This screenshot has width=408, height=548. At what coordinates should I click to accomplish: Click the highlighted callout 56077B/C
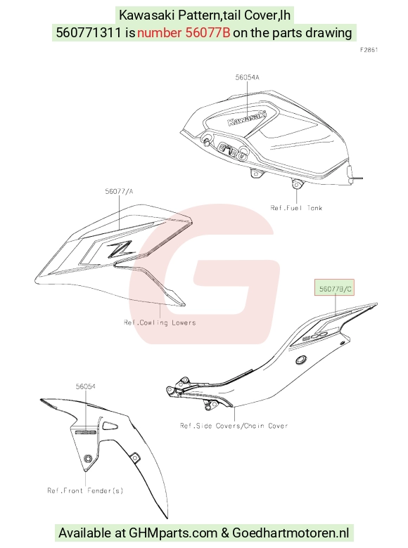click(x=335, y=289)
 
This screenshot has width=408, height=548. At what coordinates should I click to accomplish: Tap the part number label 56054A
click(x=247, y=77)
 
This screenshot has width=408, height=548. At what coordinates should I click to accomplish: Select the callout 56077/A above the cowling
click(x=119, y=191)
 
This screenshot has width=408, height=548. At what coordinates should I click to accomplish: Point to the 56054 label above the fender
click(x=86, y=386)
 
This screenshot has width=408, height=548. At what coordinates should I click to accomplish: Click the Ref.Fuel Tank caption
click(x=296, y=207)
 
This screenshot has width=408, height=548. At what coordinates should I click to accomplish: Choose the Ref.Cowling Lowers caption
click(x=160, y=322)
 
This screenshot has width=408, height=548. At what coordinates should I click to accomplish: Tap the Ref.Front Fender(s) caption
click(x=85, y=490)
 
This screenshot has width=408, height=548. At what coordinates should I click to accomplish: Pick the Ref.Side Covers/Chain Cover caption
click(x=234, y=425)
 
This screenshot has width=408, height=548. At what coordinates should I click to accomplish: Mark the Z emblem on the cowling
click(x=120, y=249)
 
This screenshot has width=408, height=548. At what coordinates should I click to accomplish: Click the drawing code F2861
click(x=369, y=50)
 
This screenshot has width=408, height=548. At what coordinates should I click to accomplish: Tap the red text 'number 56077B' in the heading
click(x=184, y=32)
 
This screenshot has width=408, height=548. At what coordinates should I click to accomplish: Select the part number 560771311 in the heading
click(x=89, y=32)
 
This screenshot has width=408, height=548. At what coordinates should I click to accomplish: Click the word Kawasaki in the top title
click(x=146, y=15)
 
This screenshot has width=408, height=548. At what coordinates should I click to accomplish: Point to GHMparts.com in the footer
click(x=173, y=533)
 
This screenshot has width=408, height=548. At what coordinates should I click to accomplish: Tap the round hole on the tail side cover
click(x=301, y=360)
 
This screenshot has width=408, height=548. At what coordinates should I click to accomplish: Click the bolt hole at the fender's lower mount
click(x=88, y=458)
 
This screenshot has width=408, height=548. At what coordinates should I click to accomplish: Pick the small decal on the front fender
click(x=86, y=432)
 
